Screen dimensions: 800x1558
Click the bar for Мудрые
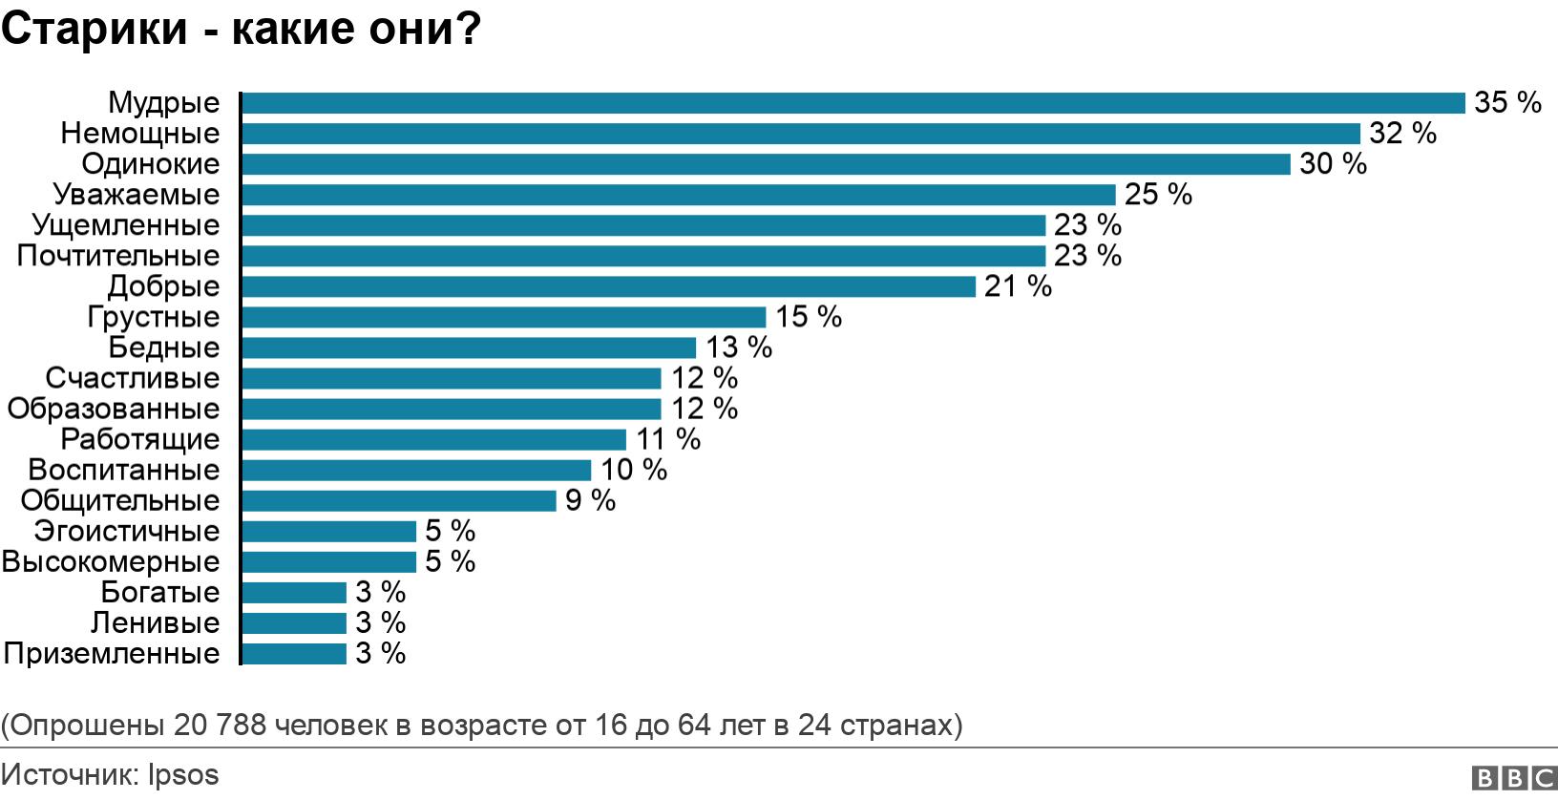853,103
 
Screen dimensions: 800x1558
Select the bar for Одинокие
766,164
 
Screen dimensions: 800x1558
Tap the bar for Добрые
608,286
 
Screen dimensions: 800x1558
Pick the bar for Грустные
503,317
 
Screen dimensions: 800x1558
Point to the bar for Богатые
294,593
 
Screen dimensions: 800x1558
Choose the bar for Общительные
398,500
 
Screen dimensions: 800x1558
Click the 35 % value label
1507,103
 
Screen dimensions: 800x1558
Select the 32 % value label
1402,134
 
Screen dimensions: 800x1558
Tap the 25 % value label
1158,195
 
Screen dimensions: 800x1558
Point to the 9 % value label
590,500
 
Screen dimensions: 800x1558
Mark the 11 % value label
668,439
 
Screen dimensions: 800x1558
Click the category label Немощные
140,134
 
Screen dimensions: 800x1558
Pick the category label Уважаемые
137,195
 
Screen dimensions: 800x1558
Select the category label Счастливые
133,378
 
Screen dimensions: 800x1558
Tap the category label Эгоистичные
127,531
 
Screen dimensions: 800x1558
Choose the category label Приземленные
112,654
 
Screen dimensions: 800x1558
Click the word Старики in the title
95,30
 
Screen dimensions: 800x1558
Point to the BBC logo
1514,778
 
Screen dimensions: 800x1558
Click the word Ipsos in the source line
183,775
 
